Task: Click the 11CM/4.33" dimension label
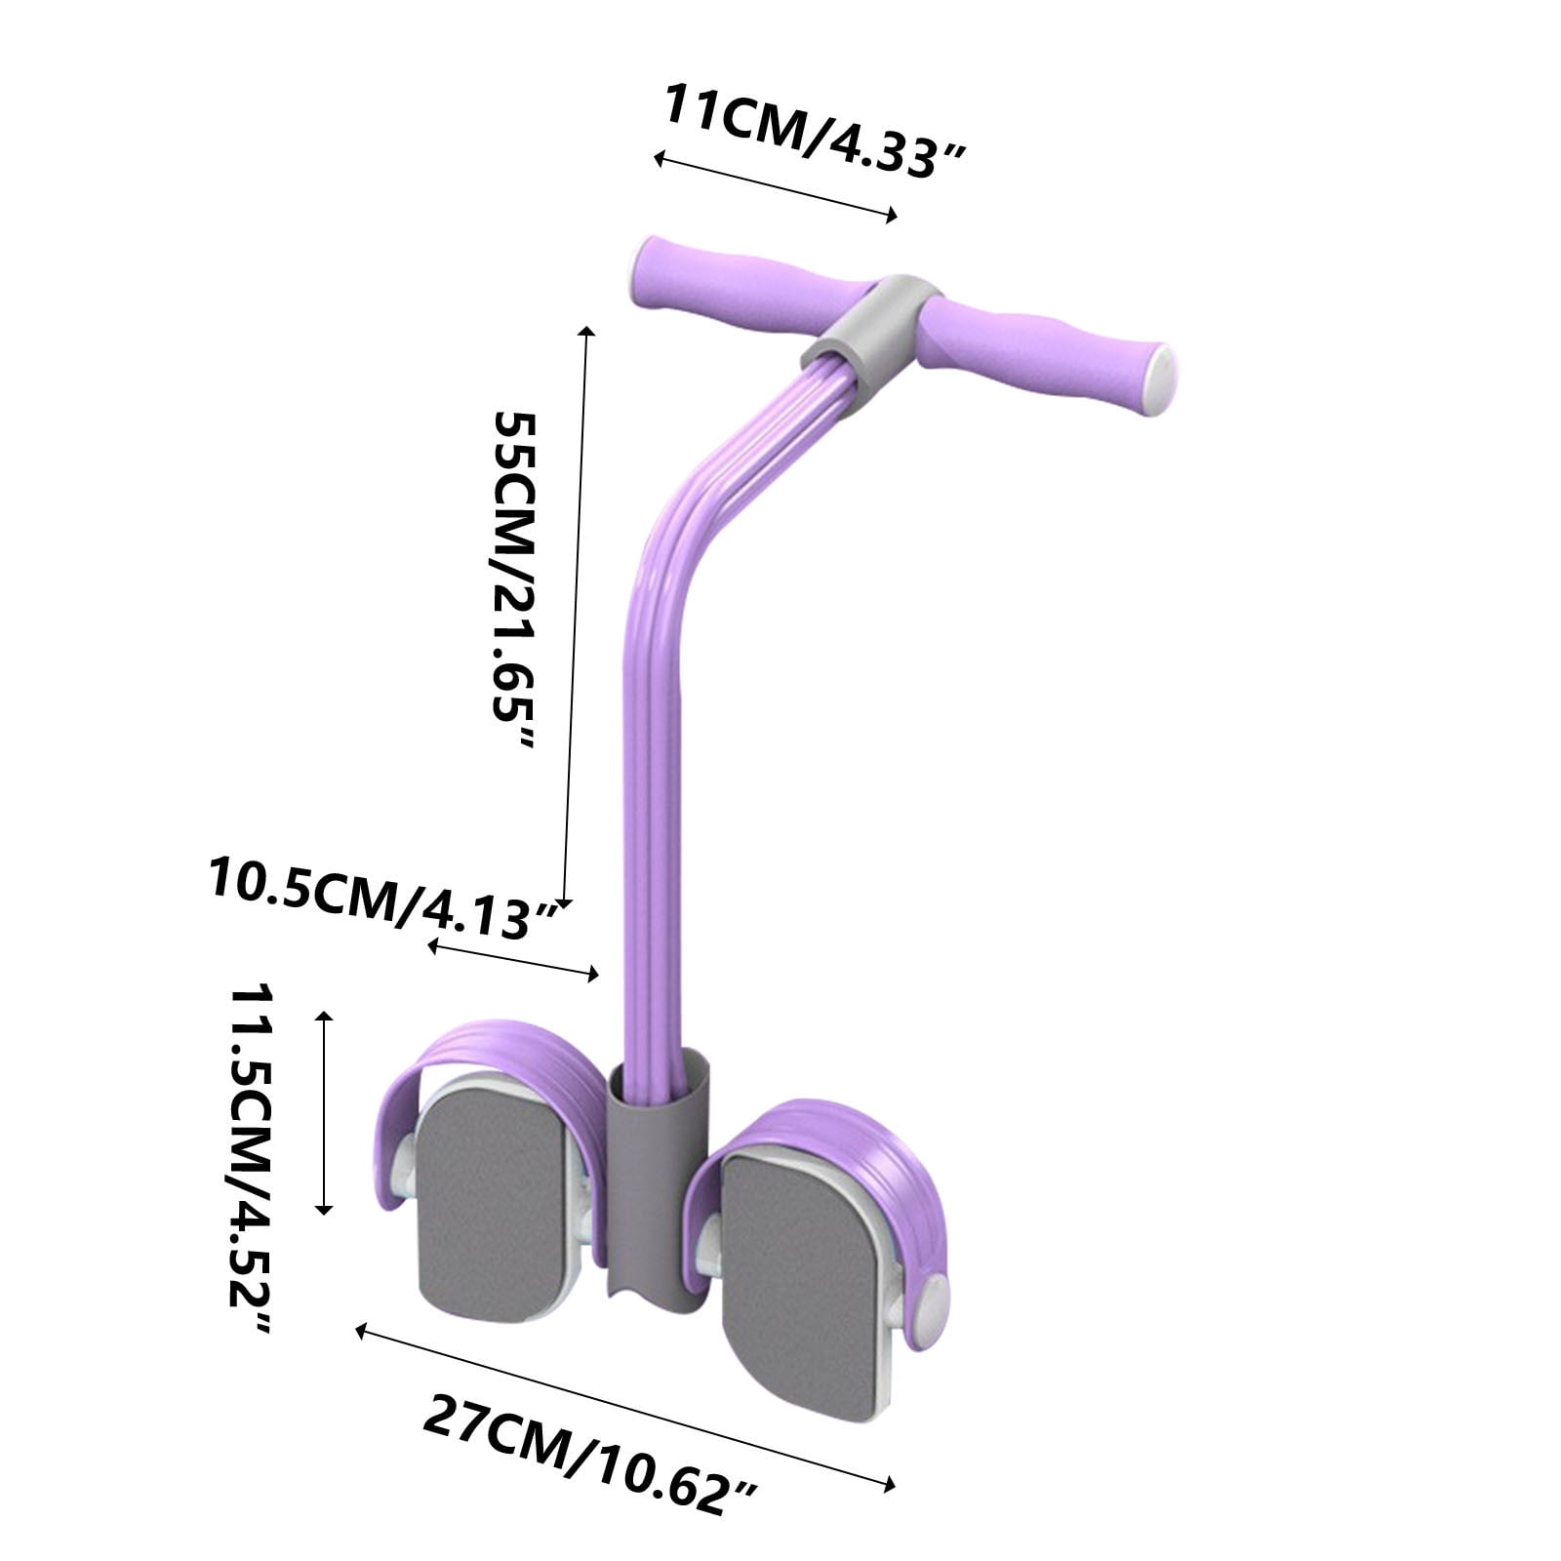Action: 815,131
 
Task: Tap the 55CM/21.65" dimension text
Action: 514,580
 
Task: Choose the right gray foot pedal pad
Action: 800,1288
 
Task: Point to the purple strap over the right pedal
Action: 839,1132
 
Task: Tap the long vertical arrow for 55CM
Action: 576,615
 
